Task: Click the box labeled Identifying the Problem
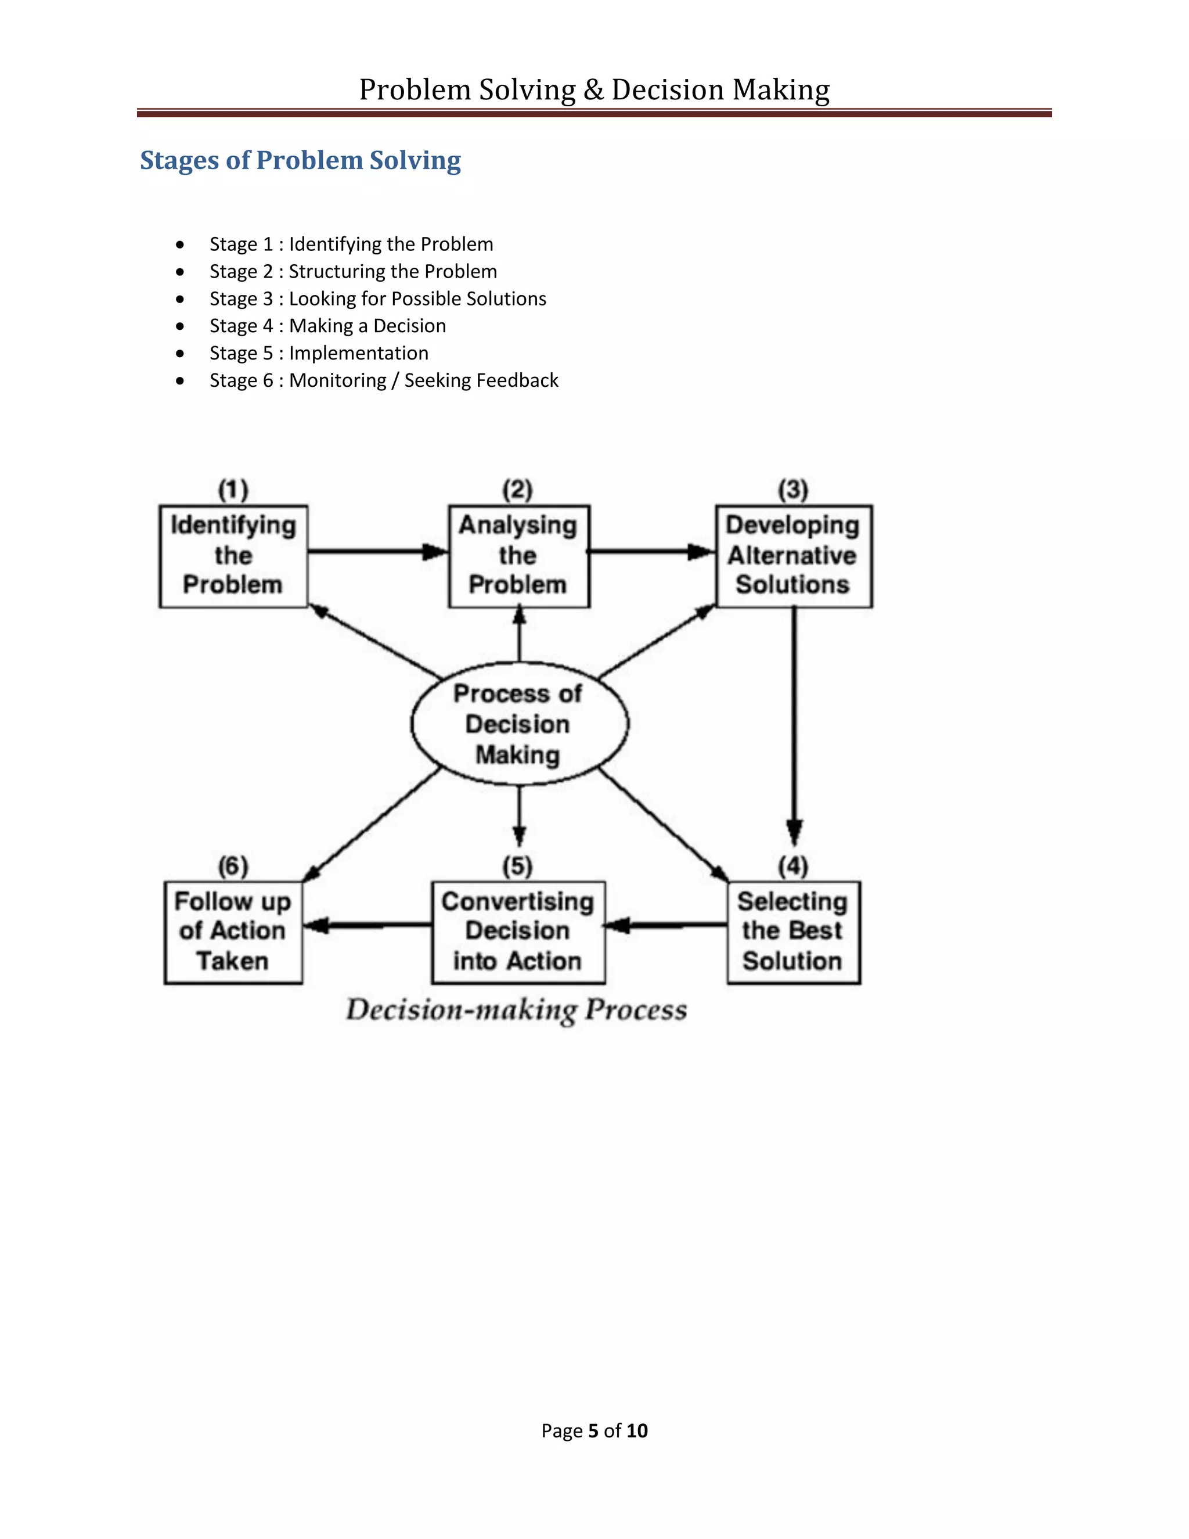point(233,556)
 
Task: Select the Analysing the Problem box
point(519,556)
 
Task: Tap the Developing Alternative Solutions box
point(793,556)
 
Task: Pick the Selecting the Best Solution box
point(793,932)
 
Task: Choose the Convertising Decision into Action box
point(518,932)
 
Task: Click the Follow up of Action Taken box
point(233,932)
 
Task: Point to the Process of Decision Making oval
point(519,724)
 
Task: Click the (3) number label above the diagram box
point(793,489)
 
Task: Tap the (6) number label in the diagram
point(233,865)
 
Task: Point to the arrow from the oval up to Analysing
point(519,634)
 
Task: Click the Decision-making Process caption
point(516,1010)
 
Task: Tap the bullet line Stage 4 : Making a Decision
point(327,326)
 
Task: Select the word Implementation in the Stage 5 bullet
point(359,353)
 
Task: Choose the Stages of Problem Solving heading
point(300,160)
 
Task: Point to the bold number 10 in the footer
point(637,1430)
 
